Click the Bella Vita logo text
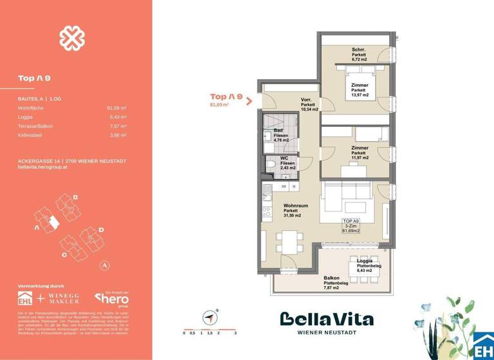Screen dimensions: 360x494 click(326, 319)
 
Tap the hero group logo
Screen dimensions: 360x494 click(112, 299)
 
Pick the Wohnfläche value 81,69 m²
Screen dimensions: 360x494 click(116, 108)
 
